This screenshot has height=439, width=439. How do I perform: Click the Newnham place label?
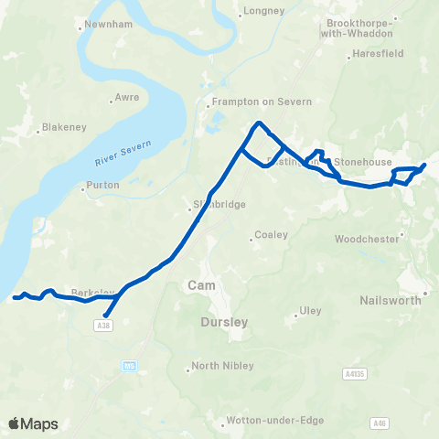(x=103, y=24)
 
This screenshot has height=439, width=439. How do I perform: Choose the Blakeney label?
(x=65, y=129)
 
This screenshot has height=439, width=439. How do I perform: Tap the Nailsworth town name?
(x=391, y=299)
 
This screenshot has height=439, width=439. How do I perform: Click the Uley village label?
(x=311, y=311)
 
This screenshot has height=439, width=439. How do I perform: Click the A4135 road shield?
(x=358, y=373)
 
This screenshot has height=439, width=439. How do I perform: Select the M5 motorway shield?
(x=130, y=366)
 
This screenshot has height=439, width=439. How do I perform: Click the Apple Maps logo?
(x=33, y=423)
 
